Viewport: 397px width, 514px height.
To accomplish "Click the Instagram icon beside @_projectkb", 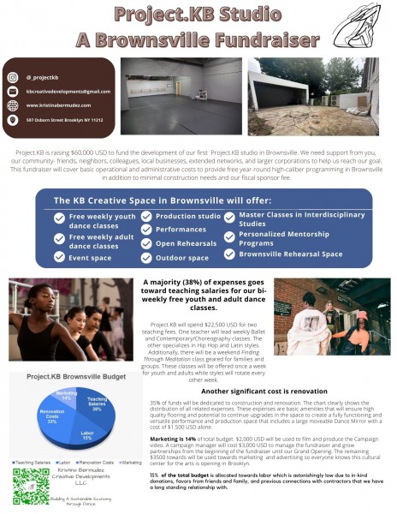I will tap(14, 77).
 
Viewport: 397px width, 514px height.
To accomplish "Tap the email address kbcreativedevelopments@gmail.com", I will tap(68, 91).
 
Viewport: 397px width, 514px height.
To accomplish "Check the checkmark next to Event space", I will tap(59, 256).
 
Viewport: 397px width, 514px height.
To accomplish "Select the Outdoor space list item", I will tap(182, 258).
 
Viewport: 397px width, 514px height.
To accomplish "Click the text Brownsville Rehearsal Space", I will tap(290, 254).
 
